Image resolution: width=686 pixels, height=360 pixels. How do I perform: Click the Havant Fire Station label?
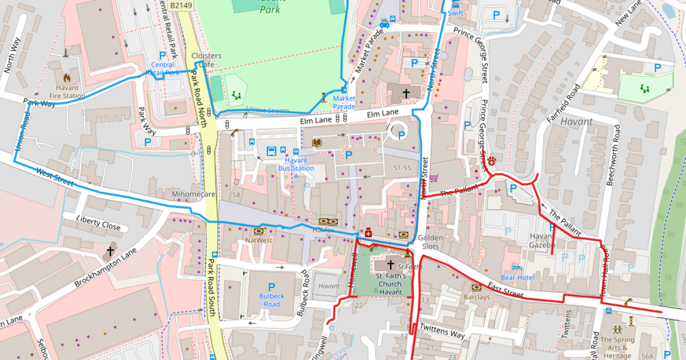pyautogui.click(x=67, y=91)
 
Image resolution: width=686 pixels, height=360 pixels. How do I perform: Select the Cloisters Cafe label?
pyautogui.click(x=206, y=60)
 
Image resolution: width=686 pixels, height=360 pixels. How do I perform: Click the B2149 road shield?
pyautogui.click(x=182, y=4)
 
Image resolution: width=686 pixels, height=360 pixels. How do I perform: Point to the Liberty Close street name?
pyautogui.click(x=98, y=223)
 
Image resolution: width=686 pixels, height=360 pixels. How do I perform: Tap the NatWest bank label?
pyautogui.click(x=258, y=241)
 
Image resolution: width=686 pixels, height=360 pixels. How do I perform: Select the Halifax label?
pyautogui.click(x=323, y=230)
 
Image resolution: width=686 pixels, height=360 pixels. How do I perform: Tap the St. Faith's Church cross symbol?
pyautogui.click(x=391, y=265)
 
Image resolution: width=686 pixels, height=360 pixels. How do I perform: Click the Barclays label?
pyautogui.click(x=477, y=297)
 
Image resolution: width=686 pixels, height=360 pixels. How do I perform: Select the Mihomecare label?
pyautogui.click(x=193, y=194)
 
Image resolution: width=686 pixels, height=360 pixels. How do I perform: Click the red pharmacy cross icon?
pyautogui.click(x=369, y=233)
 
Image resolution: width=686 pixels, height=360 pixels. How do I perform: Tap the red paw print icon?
pyautogui.click(x=491, y=163)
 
